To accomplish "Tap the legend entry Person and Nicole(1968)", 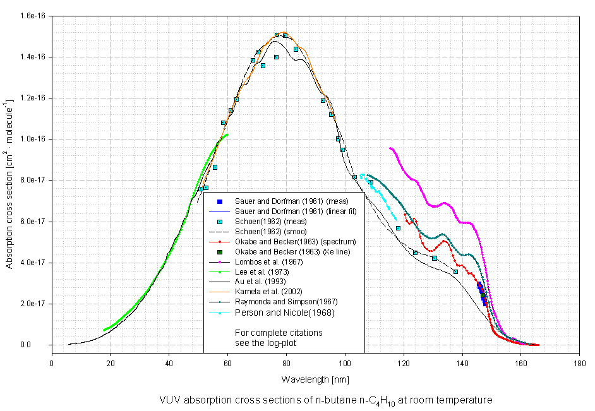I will click(275, 313).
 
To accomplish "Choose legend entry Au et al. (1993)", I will click(260, 282).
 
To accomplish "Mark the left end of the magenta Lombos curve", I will click(390, 148).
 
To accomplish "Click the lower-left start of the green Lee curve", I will click(104, 330).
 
